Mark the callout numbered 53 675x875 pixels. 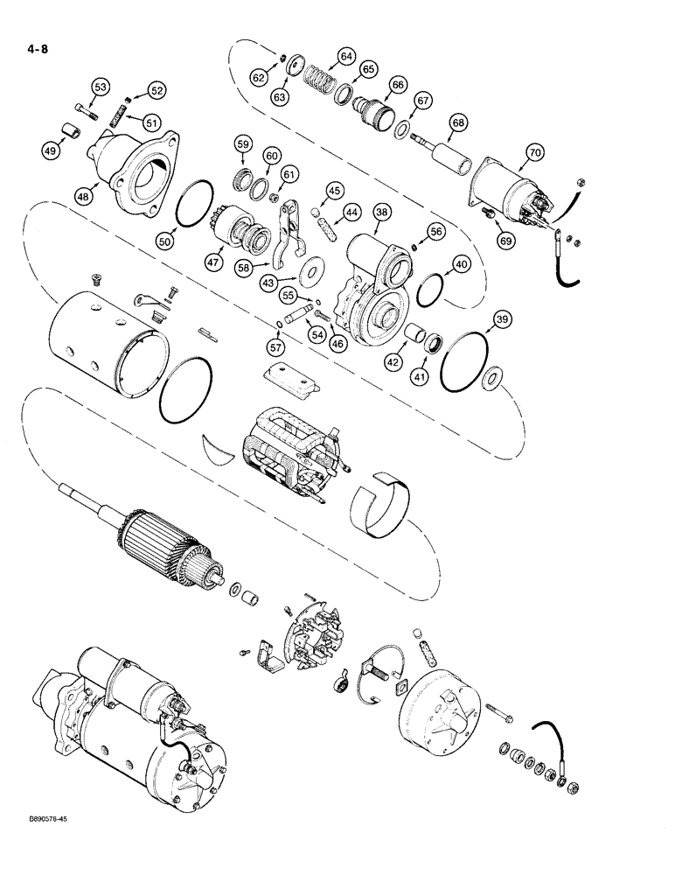101,87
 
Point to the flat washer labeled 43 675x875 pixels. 309,276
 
